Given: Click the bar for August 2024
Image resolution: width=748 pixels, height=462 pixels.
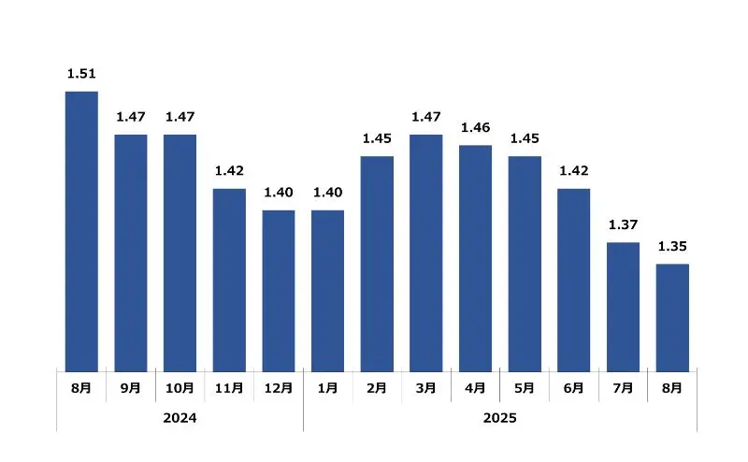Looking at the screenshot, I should (x=81, y=231).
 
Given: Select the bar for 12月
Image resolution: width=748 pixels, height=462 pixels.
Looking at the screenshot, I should (x=278, y=291).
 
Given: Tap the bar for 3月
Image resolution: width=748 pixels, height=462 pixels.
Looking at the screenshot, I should (x=425, y=253).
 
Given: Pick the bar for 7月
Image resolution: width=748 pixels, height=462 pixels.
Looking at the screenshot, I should (x=623, y=307).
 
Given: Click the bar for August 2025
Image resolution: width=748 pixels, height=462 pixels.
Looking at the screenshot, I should (x=671, y=318).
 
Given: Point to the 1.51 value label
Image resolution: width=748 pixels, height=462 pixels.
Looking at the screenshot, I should (x=81, y=74).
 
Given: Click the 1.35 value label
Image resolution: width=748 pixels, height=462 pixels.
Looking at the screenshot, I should (x=671, y=247).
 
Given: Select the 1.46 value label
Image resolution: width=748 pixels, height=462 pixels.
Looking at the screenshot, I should (x=475, y=127).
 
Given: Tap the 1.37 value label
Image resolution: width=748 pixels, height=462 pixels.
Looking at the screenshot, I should (x=623, y=225).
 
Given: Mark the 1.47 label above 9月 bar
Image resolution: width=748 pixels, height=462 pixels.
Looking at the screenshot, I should (x=131, y=117).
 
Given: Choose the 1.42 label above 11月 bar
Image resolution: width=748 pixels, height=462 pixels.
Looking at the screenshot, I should (x=229, y=171).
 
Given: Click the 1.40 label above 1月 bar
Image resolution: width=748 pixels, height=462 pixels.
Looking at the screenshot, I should (x=327, y=193).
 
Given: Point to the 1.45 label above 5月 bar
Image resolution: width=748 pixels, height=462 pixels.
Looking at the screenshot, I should (x=525, y=138).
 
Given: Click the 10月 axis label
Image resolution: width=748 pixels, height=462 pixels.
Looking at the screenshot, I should (x=180, y=388).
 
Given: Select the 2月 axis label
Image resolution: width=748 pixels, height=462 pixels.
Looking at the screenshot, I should (x=377, y=388).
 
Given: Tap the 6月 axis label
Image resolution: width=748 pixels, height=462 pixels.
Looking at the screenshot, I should (x=573, y=388).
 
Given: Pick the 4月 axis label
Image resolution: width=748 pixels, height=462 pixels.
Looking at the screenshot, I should (x=475, y=388).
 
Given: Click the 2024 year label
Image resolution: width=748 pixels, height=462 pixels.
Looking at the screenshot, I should (x=180, y=418).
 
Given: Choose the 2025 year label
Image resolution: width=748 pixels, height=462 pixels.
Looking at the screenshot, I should (x=499, y=418).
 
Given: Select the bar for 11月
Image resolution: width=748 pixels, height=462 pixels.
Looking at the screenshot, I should (x=229, y=281).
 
